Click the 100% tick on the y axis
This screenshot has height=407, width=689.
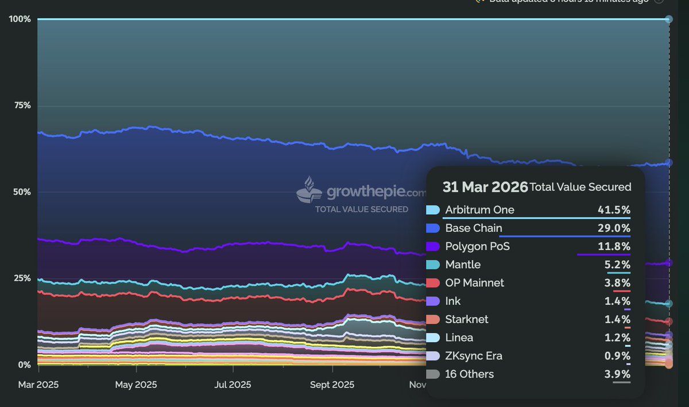20,19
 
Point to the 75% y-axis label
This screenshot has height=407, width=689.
22,106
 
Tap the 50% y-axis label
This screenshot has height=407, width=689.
22,192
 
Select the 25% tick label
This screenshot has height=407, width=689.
22,278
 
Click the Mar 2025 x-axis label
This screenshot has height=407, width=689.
38,385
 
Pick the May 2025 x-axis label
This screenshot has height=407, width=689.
136,385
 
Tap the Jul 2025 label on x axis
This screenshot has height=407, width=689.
232,385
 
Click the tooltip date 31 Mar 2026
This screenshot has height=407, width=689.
485,187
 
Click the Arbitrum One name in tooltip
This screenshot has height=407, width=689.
479,210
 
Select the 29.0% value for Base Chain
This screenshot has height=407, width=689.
614,228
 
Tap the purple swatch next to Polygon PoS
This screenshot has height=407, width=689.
433,246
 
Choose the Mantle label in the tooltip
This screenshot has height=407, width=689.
463,265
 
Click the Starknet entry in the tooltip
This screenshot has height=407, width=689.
467,319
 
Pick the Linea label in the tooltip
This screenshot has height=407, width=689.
459,338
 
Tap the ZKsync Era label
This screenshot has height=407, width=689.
474,356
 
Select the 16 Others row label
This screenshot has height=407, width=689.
469,374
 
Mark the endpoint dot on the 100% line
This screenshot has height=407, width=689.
668,19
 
